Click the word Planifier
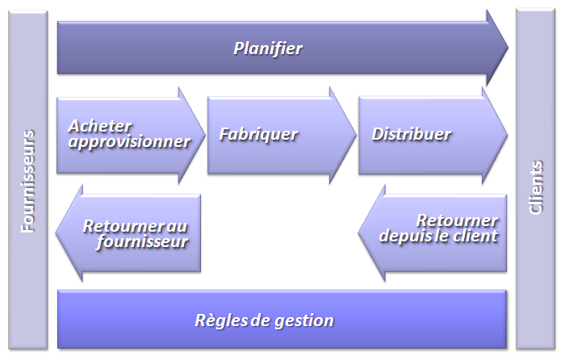[268, 48]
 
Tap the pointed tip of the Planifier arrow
[508, 47]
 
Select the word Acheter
[100, 126]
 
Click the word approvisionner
[129, 141]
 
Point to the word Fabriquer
[259, 135]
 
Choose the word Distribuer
[412, 134]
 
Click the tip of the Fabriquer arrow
[356, 135]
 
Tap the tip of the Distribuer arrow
[508, 135]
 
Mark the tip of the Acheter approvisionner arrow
[205, 135]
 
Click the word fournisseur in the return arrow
[142, 241]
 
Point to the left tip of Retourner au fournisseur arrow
[56, 232]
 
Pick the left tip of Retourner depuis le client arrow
[359, 232]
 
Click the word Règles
[221, 320]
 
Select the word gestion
[304, 320]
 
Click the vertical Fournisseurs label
[27, 182]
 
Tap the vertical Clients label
[535, 187]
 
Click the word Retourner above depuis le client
[458, 220]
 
